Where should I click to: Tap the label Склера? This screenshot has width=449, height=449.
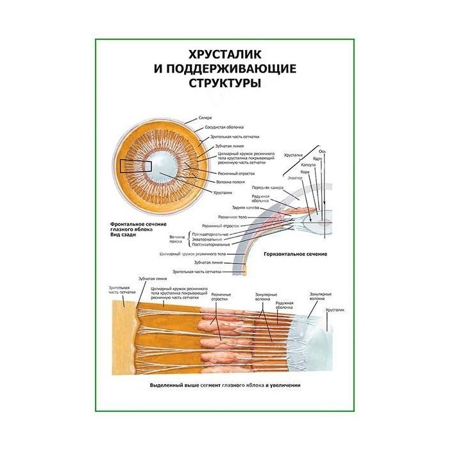click(x=205, y=119)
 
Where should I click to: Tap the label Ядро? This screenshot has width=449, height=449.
click(x=317, y=158)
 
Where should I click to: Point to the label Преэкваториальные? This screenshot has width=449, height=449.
click(x=210, y=234)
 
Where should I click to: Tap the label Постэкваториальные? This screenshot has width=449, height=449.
click(x=210, y=244)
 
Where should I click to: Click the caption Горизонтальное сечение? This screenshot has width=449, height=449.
click(x=295, y=254)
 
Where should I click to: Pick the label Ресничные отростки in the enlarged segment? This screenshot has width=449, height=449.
click(x=221, y=296)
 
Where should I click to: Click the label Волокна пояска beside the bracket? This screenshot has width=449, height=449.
click(x=176, y=239)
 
